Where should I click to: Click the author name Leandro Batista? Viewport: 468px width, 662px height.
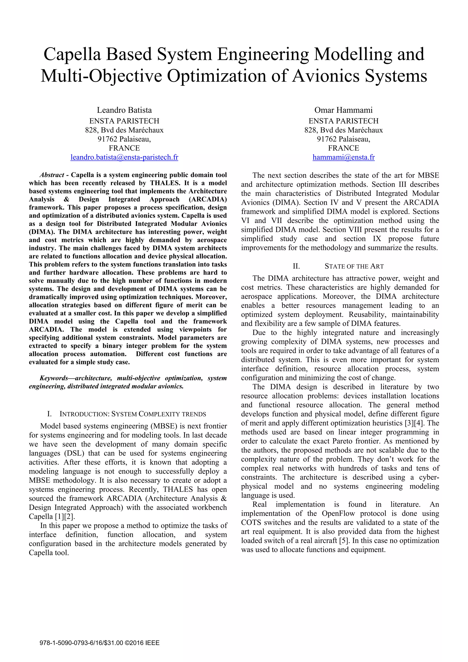(124, 110)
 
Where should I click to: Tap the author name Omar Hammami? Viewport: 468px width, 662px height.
(343, 110)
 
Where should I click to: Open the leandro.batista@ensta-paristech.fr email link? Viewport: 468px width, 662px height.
(124, 157)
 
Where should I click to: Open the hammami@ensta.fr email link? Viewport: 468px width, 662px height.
(343, 157)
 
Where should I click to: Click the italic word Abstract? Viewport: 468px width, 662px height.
(52, 175)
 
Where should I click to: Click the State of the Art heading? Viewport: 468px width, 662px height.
(354, 266)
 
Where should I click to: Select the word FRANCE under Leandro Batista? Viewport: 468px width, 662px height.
(124, 148)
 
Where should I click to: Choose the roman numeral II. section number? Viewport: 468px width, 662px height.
(296, 266)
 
